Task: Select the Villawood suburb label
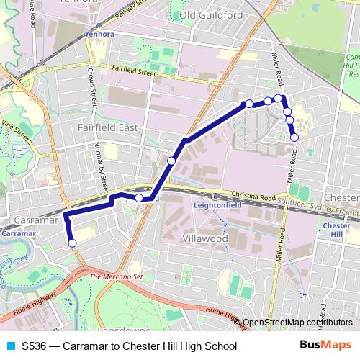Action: click(205, 238)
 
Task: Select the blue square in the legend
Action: click(10, 346)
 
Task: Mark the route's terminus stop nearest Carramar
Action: click(72, 243)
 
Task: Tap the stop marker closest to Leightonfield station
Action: click(139, 197)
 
